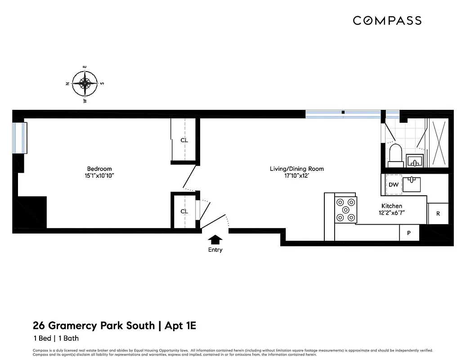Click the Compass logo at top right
pyautogui.click(x=387, y=20)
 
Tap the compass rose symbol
pyautogui.click(x=85, y=83)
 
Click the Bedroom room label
pyautogui.click(x=99, y=169)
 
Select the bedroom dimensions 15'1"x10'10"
pyautogui.click(x=99, y=176)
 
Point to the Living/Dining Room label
pyautogui.click(x=296, y=169)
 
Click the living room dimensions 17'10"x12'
pyautogui.click(x=296, y=176)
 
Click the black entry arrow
pyautogui.click(x=215, y=240)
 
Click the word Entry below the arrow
pyautogui.click(x=215, y=250)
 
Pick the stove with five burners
pyautogui.click(x=345, y=210)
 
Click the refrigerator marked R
pyautogui.click(x=438, y=214)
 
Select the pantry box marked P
pyautogui.click(x=409, y=233)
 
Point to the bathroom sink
pyautogui.click(x=414, y=160)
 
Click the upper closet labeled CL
pyautogui.click(x=184, y=140)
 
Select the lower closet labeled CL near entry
pyautogui.click(x=184, y=211)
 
